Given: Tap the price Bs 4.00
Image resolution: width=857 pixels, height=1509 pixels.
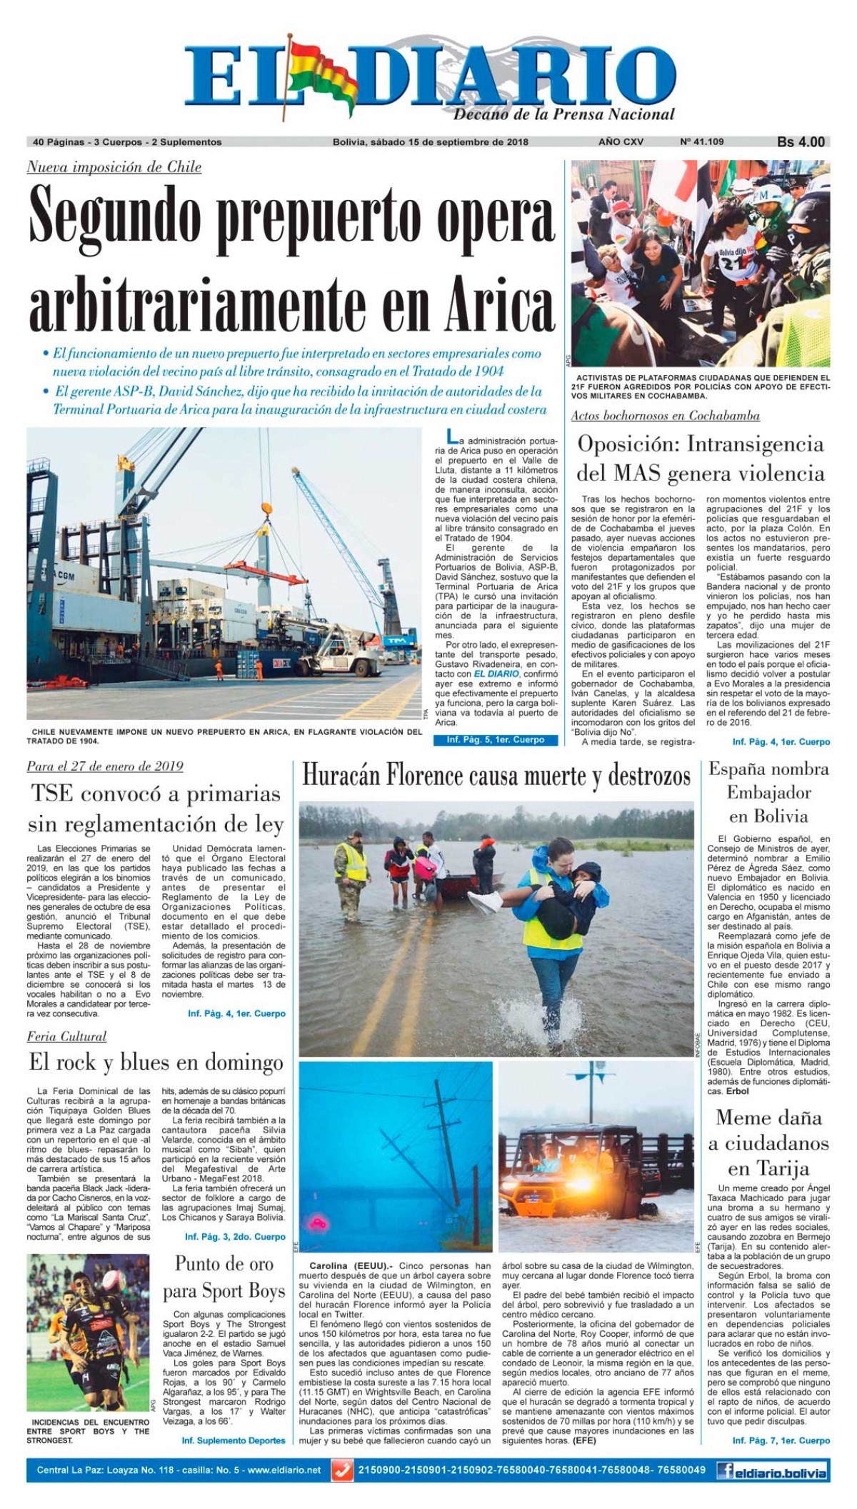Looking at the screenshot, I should coord(801,142).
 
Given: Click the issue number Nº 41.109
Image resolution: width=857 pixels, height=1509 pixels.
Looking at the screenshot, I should coord(702,142).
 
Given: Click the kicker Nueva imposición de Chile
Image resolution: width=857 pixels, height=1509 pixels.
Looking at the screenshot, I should coord(114,168).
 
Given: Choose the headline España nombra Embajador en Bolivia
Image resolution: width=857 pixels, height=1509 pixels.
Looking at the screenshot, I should coord(768,793).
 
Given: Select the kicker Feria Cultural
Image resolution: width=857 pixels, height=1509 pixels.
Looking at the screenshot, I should coord(67,1036).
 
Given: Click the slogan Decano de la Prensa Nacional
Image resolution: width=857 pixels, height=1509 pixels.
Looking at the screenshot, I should coord(564,114).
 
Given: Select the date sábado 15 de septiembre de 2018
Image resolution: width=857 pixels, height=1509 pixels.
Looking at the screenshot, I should coord(448,142).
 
